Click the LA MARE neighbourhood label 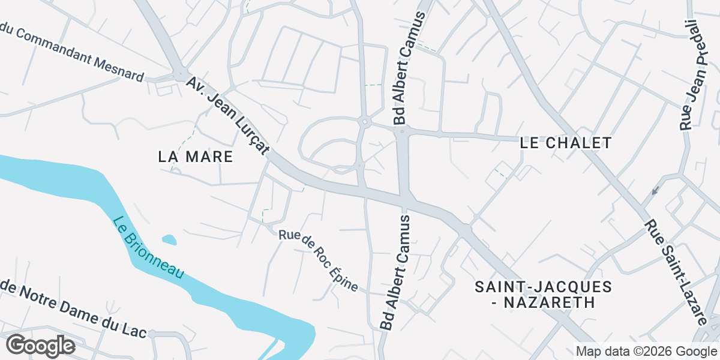pos(195,157)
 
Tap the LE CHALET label pos(565,143)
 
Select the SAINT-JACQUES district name pos(543,287)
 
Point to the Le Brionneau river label pos(148,247)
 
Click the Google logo pos(40,346)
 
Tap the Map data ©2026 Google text pos(646,351)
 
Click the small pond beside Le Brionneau pos(169,240)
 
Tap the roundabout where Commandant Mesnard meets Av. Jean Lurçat pos(180,74)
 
